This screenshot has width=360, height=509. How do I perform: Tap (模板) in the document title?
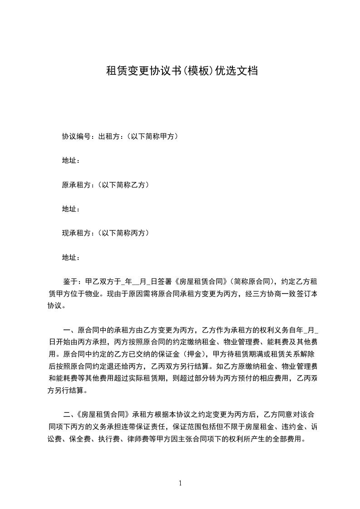[x=193, y=71]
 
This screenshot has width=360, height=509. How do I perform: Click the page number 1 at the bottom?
[x=180, y=483]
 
